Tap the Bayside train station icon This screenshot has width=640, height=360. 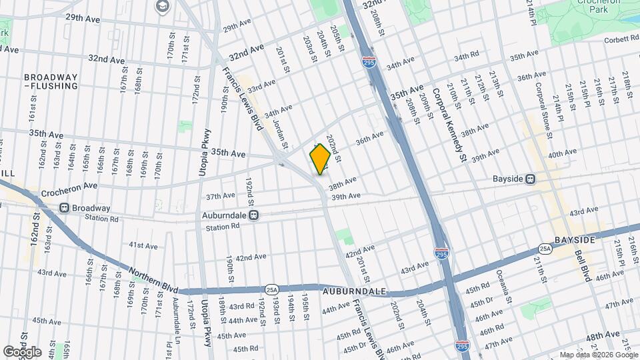pyautogui.click(x=531, y=179)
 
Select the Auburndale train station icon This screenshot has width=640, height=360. pyautogui.click(x=253, y=215)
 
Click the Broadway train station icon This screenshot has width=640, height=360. pyautogui.click(x=65, y=207)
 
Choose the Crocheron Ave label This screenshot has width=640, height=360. pyautogui.click(x=69, y=189)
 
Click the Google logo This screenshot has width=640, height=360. pyautogui.click(x=21, y=351)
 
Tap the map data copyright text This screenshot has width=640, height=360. pyautogui.click(x=598, y=355)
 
